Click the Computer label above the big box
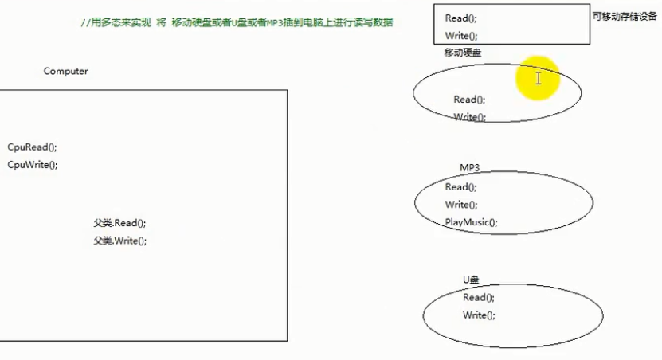65,72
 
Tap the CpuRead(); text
32,147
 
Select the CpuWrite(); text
33,165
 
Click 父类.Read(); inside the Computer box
119,224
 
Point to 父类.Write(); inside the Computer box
120,241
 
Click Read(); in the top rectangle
461,18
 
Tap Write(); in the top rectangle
461,36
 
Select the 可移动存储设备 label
625,16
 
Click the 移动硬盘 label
462,53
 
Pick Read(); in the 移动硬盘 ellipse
469,100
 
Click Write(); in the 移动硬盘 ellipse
469,117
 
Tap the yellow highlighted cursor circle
539,78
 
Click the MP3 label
469,169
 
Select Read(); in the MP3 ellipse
460,187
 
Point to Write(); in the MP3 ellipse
460,205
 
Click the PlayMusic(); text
471,222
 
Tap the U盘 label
471,280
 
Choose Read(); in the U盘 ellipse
479,298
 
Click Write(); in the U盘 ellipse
479,315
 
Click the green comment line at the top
237,23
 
